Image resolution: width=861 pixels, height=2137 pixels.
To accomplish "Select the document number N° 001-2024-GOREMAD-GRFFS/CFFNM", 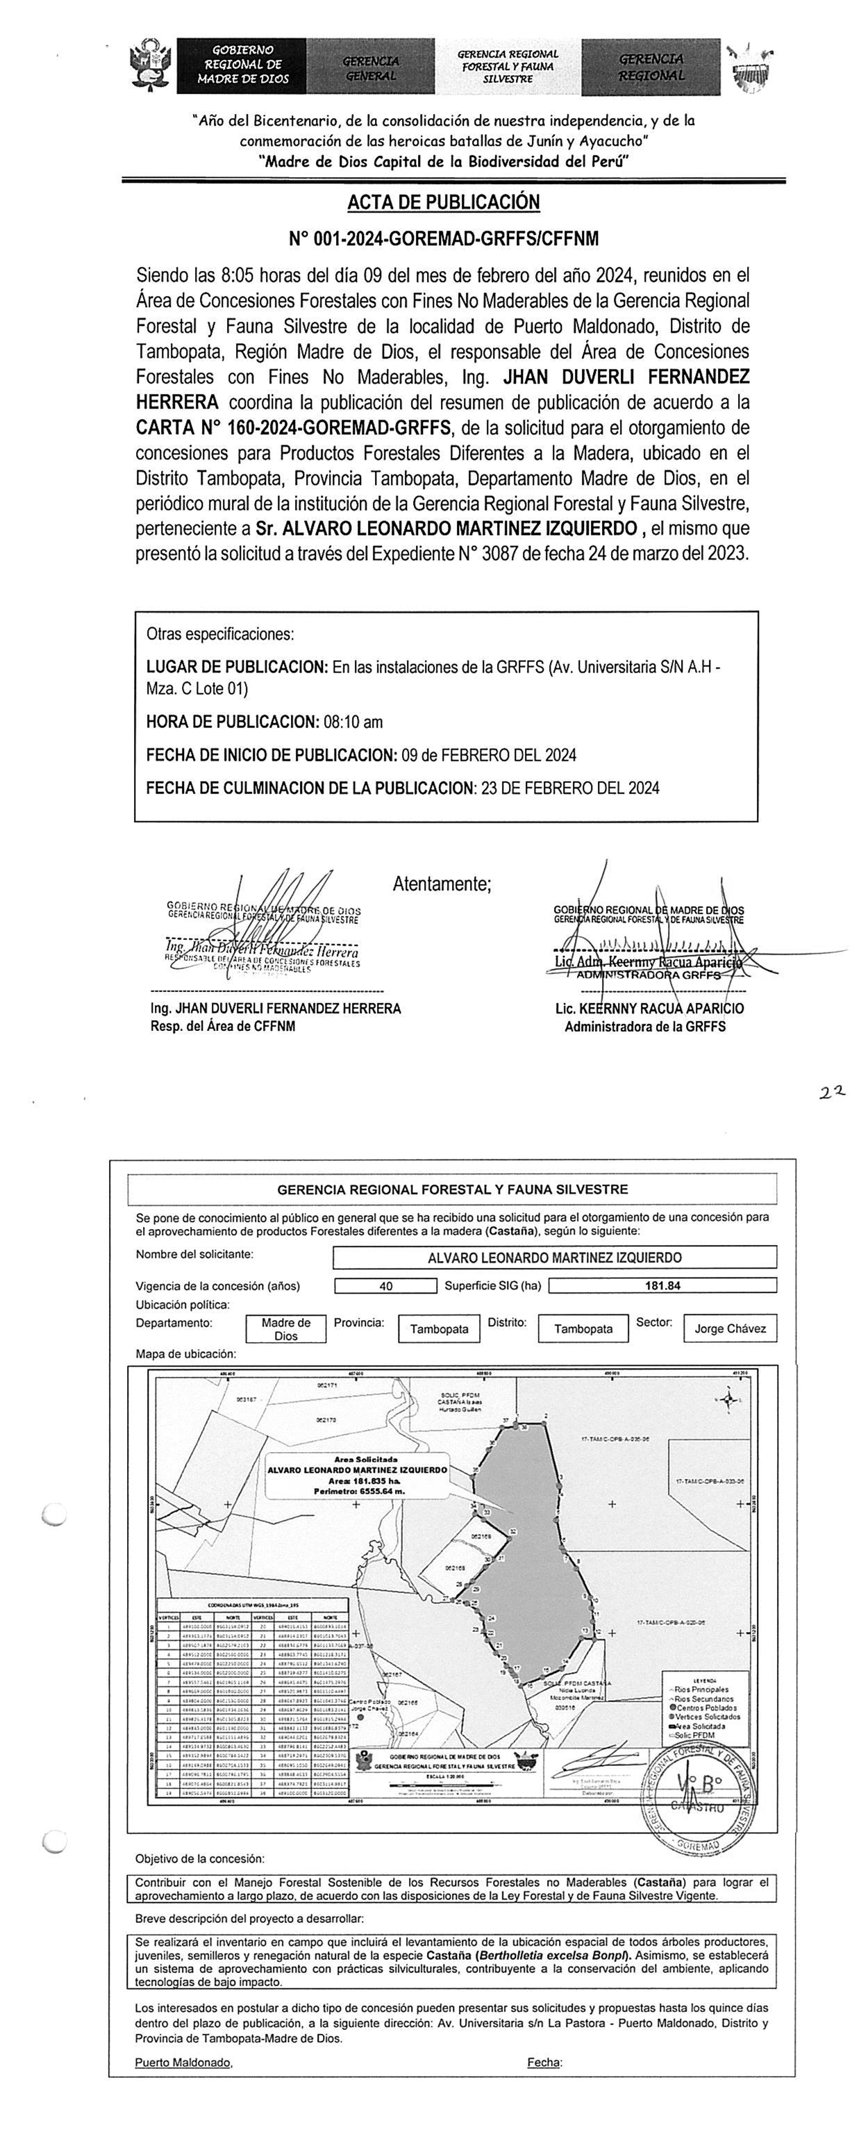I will [443, 239].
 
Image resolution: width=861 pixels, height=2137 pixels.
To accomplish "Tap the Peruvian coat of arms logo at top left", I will [151, 65].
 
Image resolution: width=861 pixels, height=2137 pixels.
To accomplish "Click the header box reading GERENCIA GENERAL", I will [371, 67].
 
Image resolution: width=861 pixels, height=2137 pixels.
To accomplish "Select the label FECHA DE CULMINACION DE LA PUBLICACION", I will [310, 788].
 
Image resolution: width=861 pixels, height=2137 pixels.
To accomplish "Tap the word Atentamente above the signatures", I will [442, 884].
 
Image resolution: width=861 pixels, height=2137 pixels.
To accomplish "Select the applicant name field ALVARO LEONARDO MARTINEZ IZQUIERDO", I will [554, 1257].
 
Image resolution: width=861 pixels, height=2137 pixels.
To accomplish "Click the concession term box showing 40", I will [385, 1286].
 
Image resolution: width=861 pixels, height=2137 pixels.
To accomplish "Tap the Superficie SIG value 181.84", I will [662, 1286].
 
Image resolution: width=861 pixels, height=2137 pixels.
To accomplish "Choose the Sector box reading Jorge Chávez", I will [730, 1328].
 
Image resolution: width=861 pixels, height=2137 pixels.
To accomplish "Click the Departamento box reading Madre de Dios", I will [285, 1329].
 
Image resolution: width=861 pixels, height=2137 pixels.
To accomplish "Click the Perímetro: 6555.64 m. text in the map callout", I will [358, 1491].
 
